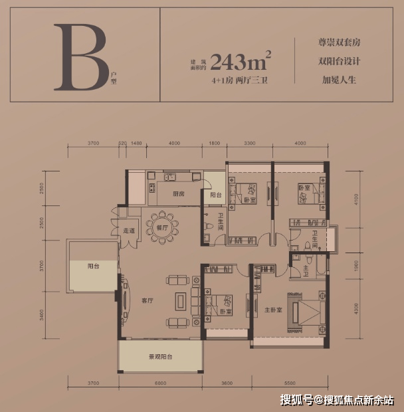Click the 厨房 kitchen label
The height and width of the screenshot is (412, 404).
pyautogui.click(x=178, y=194)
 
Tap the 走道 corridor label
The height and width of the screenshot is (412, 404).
pyautogui.click(x=130, y=231)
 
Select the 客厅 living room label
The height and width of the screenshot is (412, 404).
pyautogui.click(x=148, y=300)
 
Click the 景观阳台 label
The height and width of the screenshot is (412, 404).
pyautogui.click(x=160, y=357)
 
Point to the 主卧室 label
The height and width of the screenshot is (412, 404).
pyautogui.click(x=273, y=310)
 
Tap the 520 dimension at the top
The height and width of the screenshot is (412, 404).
pyautogui.click(x=122, y=143)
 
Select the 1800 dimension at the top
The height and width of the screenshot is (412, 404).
pyautogui.click(x=215, y=143)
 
